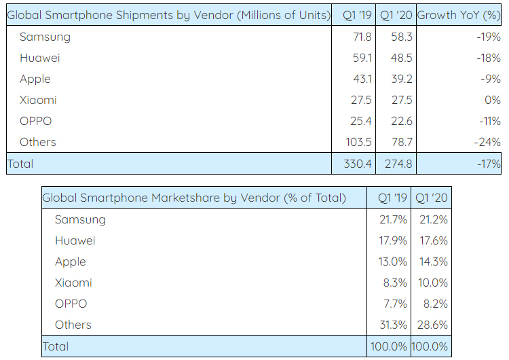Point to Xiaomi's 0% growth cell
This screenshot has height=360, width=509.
point(492,100)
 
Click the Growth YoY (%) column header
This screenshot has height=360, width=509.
point(459,15)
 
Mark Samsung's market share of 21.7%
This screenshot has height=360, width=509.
point(394,219)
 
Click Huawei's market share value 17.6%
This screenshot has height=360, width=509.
point(431,240)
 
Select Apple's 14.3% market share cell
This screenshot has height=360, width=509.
point(431,262)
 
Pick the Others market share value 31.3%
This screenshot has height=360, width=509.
point(393,325)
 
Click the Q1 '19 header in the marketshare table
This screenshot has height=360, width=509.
point(392,198)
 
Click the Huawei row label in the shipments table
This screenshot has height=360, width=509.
point(39,58)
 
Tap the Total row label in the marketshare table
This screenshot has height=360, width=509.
point(56,346)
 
